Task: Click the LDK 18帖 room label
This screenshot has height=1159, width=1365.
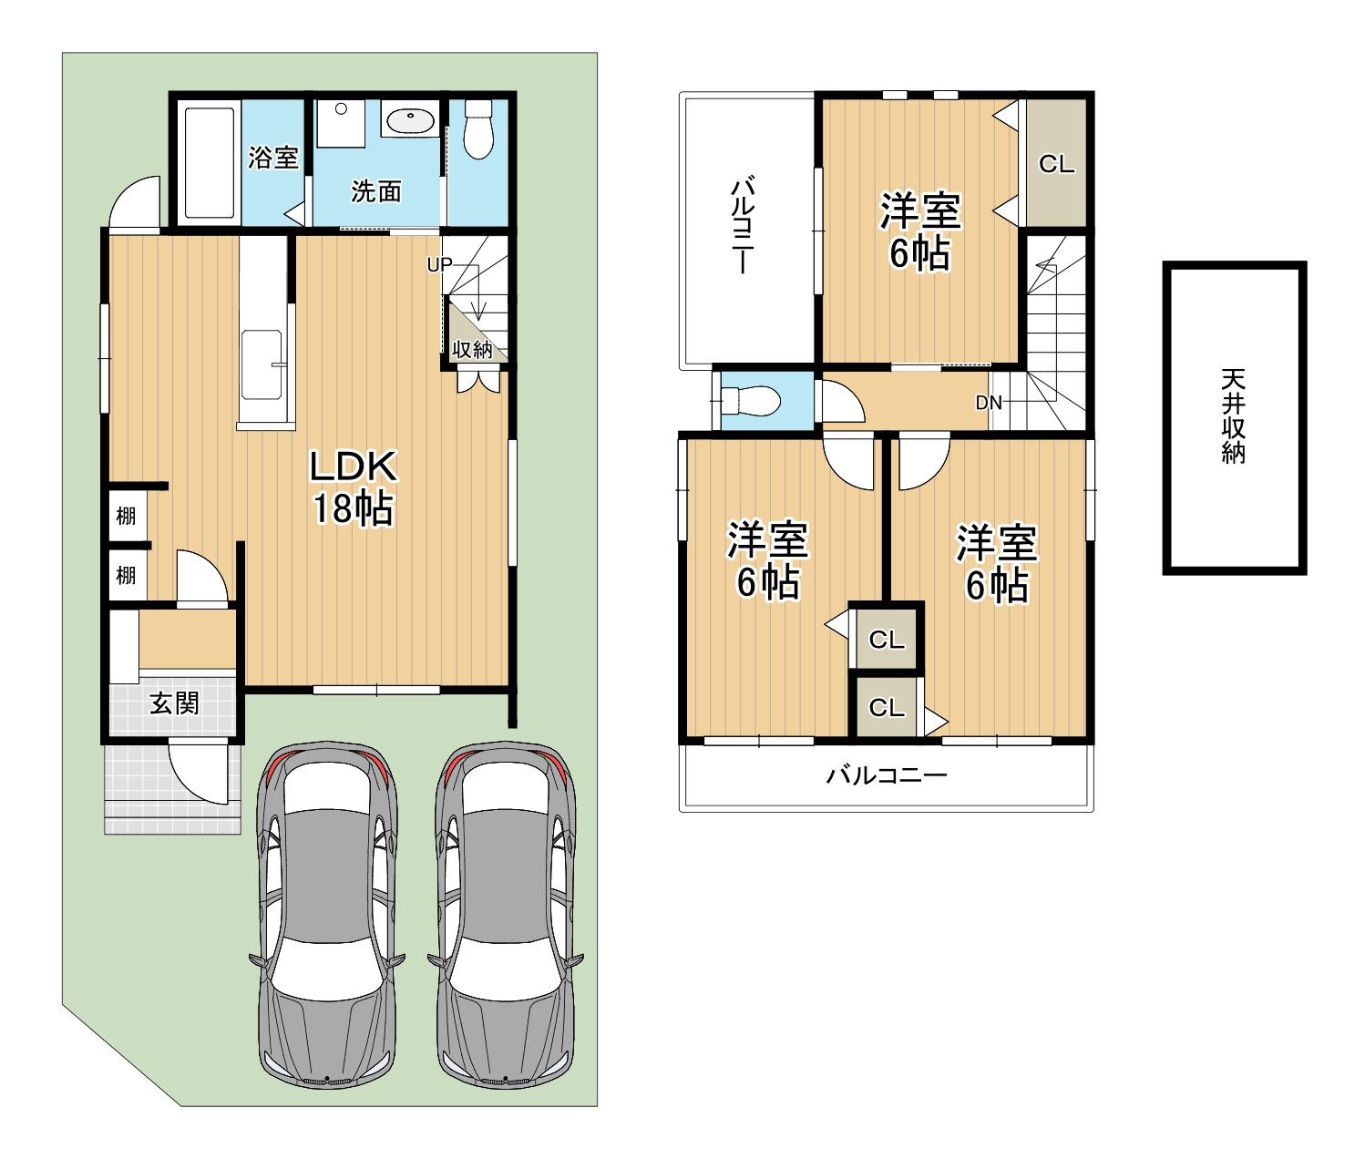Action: pyautogui.click(x=354, y=487)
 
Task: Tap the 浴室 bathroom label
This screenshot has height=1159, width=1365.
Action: pyautogui.click(x=273, y=158)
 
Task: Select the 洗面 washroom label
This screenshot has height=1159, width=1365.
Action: pyautogui.click(x=375, y=191)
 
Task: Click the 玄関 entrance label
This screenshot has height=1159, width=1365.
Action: pyautogui.click(x=174, y=703)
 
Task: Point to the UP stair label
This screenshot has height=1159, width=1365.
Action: pyautogui.click(x=439, y=265)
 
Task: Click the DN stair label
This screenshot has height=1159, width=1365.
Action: pyautogui.click(x=989, y=402)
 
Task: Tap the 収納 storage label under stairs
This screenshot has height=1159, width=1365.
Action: pyautogui.click(x=472, y=349)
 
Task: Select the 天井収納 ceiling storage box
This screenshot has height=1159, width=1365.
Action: pyautogui.click(x=1235, y=417)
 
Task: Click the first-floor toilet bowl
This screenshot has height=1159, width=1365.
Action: pyautogui.click(x=478, y=128)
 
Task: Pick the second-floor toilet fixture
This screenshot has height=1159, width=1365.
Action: pyautogui.click(x=750, y=401)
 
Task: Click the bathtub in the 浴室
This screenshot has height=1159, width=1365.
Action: pyautogui.click(x=210, y=163)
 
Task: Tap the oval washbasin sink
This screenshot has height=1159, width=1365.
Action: pyautogui.click(x=411, y=121)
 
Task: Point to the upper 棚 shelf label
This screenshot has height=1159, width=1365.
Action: pyautogui.click(x=126, y=516)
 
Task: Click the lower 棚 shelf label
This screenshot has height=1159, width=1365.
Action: pyautogui.click(x=126, y=575)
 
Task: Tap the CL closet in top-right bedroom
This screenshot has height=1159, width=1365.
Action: pyautogui.click(x=1056, y=164)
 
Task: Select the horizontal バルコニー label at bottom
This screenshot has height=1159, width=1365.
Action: pyautogui.click(x=887, y=774)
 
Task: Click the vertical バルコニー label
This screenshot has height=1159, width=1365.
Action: pyautogui.click(x=743, y=224)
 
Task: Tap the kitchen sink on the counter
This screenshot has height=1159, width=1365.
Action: pyautogui.click(x=262, y=364)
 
